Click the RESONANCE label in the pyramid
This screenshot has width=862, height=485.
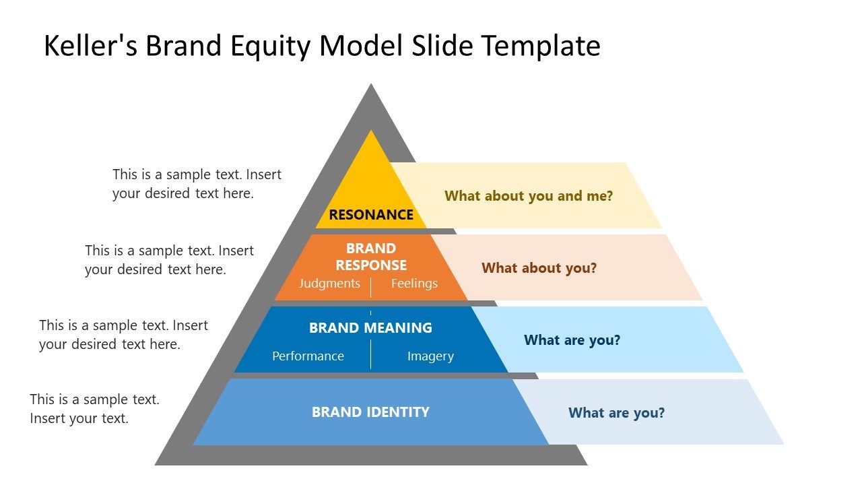pyautogui.click(x=371, y=215)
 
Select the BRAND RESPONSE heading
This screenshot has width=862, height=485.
pyautogui.click(x=371, y=257)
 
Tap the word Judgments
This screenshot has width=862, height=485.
pyautogui.click(x=329, y=284)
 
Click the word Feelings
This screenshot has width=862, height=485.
pyautogui.click(x=414, y=284)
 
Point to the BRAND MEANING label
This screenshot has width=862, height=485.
pyautogui.click(x=370, y=328)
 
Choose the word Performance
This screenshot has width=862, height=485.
pyautogui.click(x=308, y=356)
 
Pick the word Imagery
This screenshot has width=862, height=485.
pyautogui.click(x=430, y=356)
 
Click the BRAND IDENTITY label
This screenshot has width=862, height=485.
pyautogui.click(x=370, y=412)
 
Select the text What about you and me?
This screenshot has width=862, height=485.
pyautogui.click(x=529, y=196)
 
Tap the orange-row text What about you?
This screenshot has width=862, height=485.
pyautogui.click(x=539, y=268)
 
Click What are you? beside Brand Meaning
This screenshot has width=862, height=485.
pyautogui.click(x=572, y=340)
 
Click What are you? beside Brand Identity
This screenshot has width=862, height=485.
pyautogui.click(x=616, y=413)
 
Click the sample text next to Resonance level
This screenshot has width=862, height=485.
pyautogui.click(x=197, y=183)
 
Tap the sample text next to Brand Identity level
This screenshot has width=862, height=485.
pyautogui.click(x=94, y=408)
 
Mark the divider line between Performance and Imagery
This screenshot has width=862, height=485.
pyautogui.click(x=370, y=354)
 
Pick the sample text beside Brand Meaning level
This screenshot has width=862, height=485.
pyautogui.click(x=123, y=334)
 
